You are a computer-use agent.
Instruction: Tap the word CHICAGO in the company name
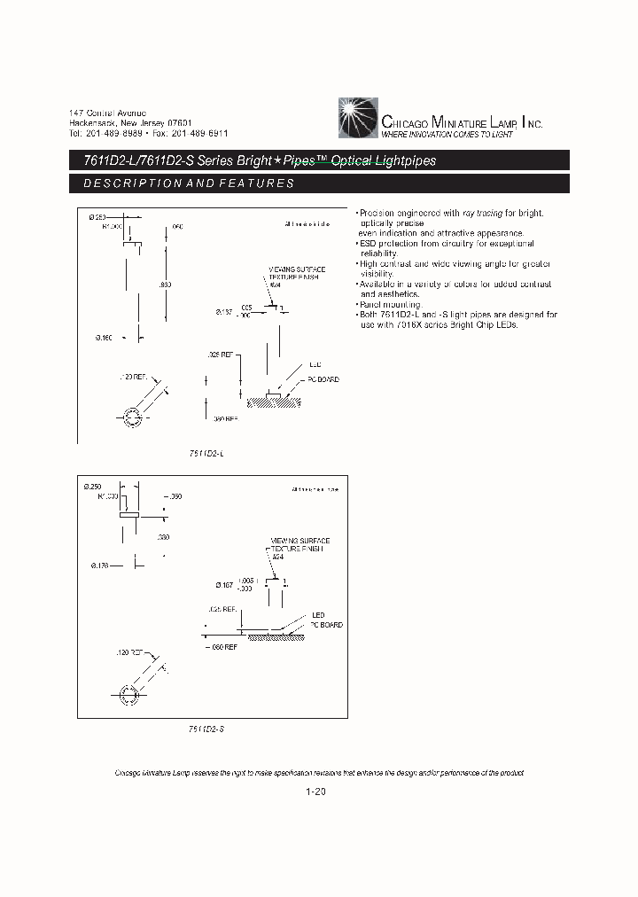(x=404, y=123)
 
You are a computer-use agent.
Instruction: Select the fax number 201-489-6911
(x=199, y=133)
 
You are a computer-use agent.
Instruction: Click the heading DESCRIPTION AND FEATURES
(x=188, y=183)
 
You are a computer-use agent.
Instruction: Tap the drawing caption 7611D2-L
(x=206, y=453)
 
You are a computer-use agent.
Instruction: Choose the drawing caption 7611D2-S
(x=206, y=728)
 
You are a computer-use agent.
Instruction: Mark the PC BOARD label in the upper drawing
(x=323, y=379)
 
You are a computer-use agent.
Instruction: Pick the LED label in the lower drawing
(x=317, y=615)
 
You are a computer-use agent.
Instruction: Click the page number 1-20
(x=316, y=792)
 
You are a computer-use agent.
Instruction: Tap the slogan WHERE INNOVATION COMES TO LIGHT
(x=447, y=134)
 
